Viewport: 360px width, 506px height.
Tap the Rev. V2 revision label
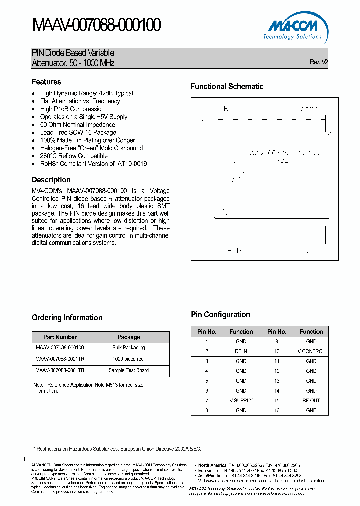point(319,62)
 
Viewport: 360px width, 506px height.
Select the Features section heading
point(46,82)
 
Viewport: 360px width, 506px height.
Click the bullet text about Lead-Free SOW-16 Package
point(78,133)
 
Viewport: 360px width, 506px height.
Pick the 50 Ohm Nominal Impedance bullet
point(77,125)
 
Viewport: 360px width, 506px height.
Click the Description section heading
point(51,180)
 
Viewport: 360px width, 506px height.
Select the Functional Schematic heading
point(227,87)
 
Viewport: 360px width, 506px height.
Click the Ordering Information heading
point(67,318)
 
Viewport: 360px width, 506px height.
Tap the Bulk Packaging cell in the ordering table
point(129,347)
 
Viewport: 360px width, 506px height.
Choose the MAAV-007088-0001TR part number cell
point(60,359)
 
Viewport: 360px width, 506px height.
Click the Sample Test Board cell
point(129,370)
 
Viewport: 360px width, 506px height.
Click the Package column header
point(129,337)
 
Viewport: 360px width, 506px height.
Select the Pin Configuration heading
point(220,315)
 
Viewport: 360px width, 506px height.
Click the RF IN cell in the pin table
point(241,351)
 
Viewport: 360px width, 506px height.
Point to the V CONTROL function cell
point(311,351)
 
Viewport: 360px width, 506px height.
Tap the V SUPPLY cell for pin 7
point(241,400)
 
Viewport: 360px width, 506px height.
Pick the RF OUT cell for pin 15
point(311,400)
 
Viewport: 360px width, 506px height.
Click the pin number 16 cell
point(277,410)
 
